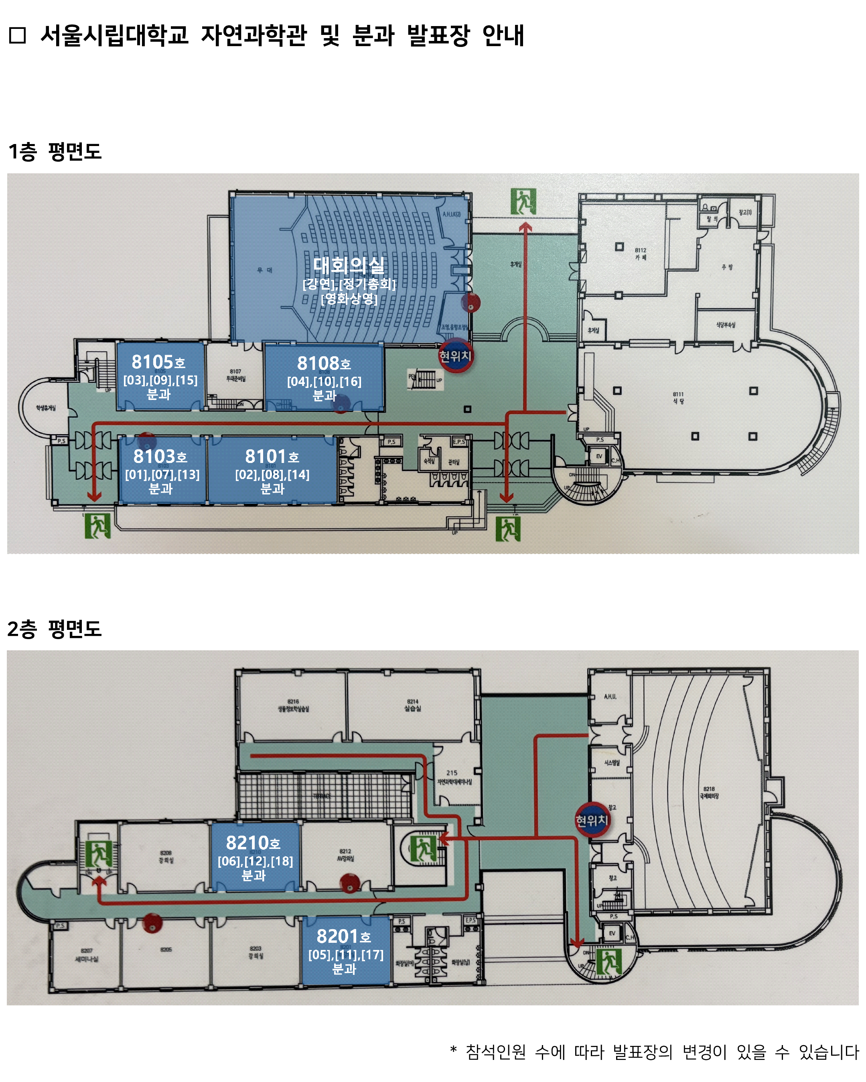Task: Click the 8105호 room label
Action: click(x=158, y=362)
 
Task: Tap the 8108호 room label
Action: click(x=324, y=363)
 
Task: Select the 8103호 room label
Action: click(x=160, y=456)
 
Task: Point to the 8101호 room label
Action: click(x=272, y=456)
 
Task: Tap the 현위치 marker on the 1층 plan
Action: click(x=455, y=356)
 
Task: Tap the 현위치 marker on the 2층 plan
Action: click(x=592, y=820)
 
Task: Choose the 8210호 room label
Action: click(x=254, y=842)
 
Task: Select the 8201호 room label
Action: click(x=344, y=936)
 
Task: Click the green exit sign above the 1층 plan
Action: click(x=523, y=201)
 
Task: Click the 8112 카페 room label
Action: click(x=641, y=254)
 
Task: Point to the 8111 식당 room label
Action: click(x=678, y=398)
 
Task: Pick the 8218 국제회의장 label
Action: click(x=709, y=792)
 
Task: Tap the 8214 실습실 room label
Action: click(x=412, y=705)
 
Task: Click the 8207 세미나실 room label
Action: click(x=86, y=955)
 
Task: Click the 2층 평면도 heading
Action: click(x=55, y=629)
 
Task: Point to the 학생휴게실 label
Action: click(x=46, y=408)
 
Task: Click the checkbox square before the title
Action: click(x=18, y=36)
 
